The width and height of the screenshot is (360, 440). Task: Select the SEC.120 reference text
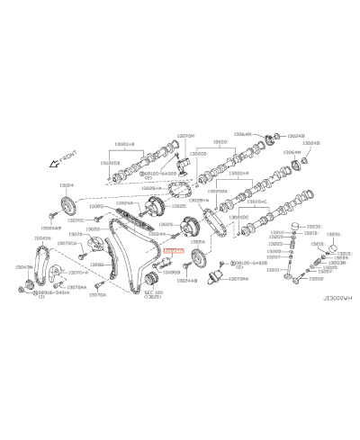(x=155, y=293)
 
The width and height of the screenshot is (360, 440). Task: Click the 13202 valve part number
(x=328, y=279)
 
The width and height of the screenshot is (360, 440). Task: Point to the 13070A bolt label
(x=98, y=294)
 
